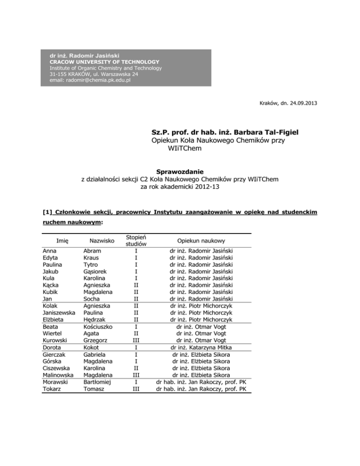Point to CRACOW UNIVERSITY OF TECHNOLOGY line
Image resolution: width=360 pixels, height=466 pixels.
pos(104,62)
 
